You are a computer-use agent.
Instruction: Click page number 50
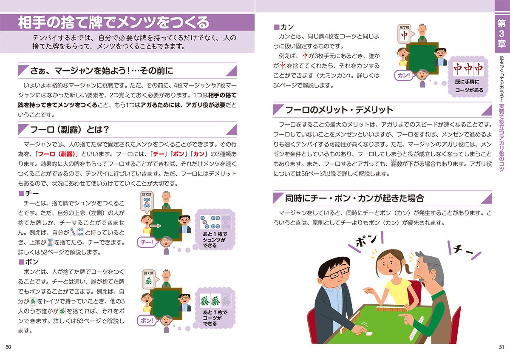click(8, 347)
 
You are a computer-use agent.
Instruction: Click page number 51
click(501, 347)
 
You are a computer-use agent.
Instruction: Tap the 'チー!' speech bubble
click(147, 242)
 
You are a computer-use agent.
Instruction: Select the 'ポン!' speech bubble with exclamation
click(147, 320)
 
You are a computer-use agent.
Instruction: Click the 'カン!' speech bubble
click(404, 75)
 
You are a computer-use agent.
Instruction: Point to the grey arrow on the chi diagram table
click(156, 226)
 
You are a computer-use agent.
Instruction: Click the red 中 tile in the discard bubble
click(404, 35)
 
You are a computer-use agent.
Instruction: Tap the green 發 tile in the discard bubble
click(148, 281)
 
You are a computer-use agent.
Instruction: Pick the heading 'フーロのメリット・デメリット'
click(339, 110)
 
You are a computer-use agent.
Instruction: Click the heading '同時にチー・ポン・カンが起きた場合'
click(354, 198)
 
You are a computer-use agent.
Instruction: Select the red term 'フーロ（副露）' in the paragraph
click(57, 154)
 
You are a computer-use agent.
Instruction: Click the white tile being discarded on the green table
click(367, 334)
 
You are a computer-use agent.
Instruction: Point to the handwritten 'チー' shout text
click(463, 250)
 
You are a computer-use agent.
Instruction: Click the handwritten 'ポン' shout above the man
click(366, 240)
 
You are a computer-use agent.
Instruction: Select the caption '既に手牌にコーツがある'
click(469, 86)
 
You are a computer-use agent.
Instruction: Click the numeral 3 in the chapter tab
click(501, 33)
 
